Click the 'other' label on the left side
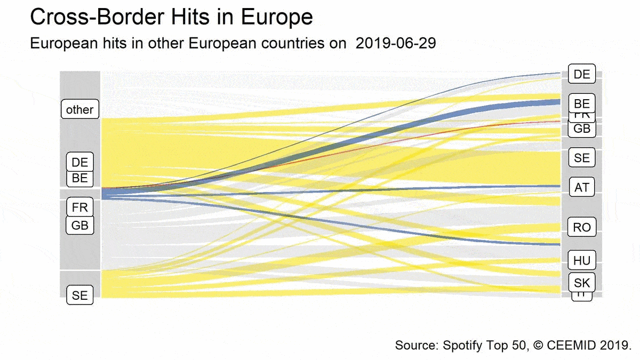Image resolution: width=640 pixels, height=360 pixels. (x=79, y=109)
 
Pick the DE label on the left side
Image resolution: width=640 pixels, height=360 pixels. (x=79, y=162)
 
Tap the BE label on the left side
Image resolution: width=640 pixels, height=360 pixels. (x=79, y=178)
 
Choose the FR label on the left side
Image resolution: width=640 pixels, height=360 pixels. (x=79, y=207)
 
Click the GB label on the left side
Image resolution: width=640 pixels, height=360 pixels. (x=79, y=225)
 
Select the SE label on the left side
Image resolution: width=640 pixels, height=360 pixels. (x=79, y=295)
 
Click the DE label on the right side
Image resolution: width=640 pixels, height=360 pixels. (x=582, y=75)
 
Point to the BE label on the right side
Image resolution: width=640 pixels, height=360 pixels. (x=582, y=103)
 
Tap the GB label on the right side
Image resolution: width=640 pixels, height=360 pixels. (x=582, y=129)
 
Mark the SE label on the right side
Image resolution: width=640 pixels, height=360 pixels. (x=582, y=158)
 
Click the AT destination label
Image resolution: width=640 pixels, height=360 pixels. (x=582, y=187)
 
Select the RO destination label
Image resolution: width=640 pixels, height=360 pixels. (x=582, y=227)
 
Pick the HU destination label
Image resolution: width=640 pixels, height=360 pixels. (x=582, y=260)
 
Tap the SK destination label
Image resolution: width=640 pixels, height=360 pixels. (x=582, y=282)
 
